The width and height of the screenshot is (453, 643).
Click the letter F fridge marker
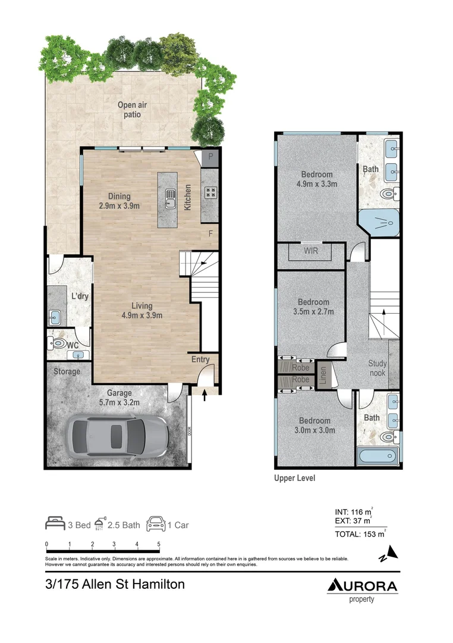click(210, 233)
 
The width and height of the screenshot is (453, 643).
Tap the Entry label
click(200, 359)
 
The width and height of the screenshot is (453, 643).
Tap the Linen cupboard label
click(323, 375)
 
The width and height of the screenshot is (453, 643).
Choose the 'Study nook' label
click(378, 368)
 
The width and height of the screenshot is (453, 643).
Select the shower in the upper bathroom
click(379, 224)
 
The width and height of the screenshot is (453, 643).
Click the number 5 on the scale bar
click(159, 544)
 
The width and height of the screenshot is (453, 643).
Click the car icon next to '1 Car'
click(155, 524)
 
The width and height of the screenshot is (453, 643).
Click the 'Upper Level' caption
click(294, 478)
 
